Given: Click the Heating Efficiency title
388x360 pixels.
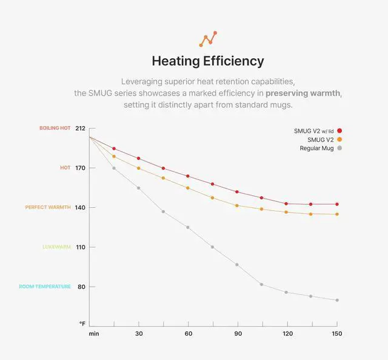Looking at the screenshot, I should coord(207,61).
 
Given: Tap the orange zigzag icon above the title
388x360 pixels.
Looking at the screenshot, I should coord(207,39).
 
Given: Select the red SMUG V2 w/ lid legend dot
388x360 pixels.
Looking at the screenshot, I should coord(339,130).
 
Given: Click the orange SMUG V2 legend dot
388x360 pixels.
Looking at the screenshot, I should coord(339,139).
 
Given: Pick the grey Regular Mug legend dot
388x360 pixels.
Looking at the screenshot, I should coord(339,148).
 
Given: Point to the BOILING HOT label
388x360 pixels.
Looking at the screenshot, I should coord(55,128).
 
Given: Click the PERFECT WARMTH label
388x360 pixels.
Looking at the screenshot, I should coord(48,207).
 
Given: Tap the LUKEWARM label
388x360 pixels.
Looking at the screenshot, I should coord(56,247).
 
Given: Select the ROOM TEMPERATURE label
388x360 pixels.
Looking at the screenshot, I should coord(45,287).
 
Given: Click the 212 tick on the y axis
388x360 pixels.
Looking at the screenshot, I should coord(81,128).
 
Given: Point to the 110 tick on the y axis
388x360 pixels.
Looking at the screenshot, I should coord(81,247).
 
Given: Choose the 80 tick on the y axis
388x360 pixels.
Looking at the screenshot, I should coord(81,287).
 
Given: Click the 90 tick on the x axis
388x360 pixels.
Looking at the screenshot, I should coord(238,333).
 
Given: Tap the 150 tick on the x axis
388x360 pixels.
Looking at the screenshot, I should coord(337,333).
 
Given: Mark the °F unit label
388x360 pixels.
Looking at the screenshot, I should coord(82,324).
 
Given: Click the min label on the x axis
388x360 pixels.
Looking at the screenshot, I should coord(94,333).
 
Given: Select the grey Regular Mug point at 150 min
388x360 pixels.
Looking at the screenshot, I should coord(337,300).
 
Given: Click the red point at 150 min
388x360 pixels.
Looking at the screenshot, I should coord(337,204).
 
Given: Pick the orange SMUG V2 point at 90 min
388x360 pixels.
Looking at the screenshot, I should coord(238,205).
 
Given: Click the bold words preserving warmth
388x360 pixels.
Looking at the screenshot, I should coord(303,93).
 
